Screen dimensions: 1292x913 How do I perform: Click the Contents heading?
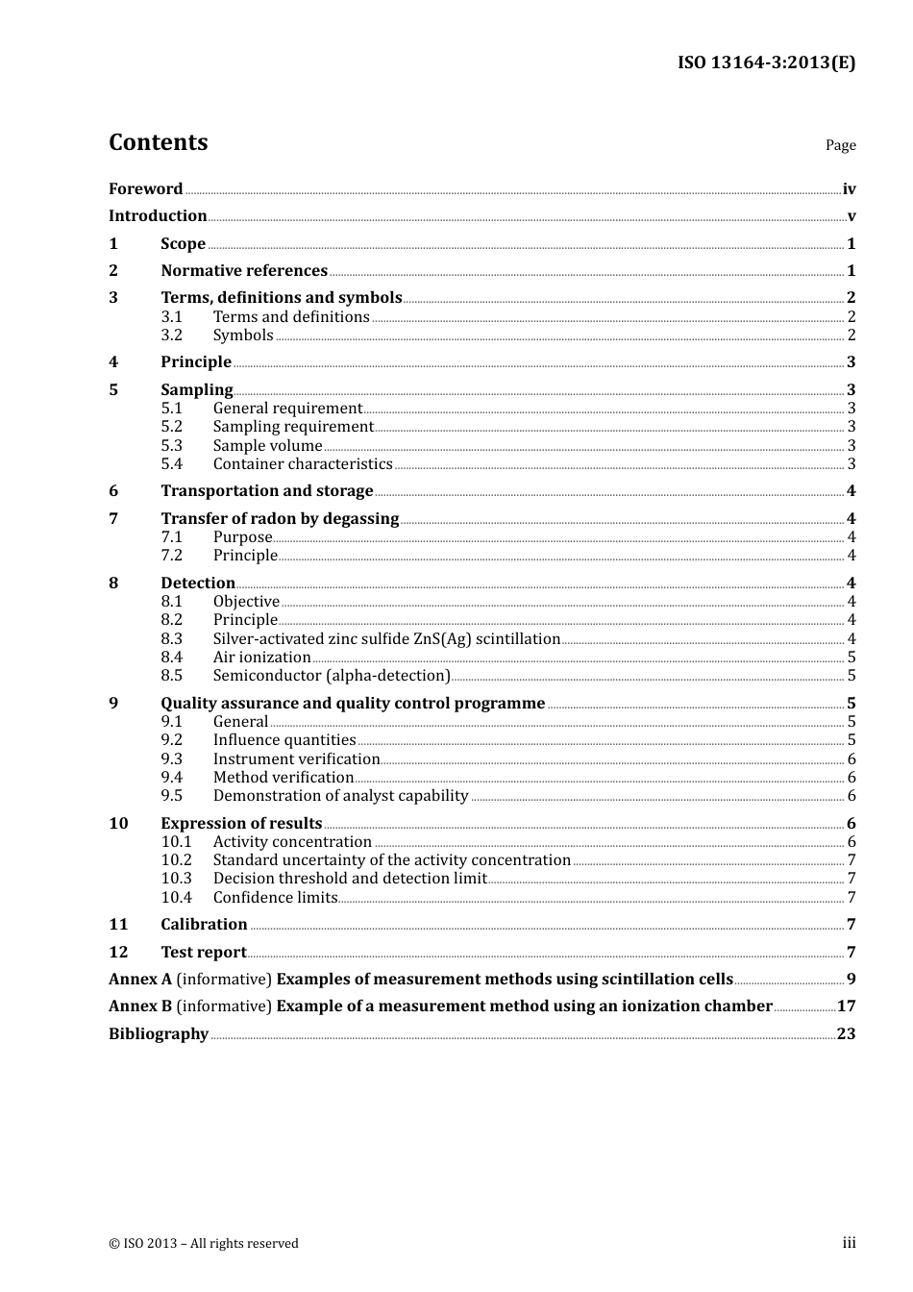(x=158, y=142)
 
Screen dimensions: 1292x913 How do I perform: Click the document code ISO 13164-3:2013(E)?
(x=766, y=62)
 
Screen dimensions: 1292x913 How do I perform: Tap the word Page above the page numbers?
(x=840, y=145)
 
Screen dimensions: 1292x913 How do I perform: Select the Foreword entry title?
(x=145, y=188)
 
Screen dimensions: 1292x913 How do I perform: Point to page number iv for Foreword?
(x=849, y=189)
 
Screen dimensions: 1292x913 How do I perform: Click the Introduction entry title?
(x=158, y=215)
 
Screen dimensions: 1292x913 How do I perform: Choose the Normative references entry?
(x=244, y=270)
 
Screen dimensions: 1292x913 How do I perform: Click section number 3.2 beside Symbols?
(x=171, y=335)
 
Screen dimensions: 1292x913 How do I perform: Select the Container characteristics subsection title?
(x=303, y=463)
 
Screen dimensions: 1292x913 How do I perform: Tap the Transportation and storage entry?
(x=266, y=490)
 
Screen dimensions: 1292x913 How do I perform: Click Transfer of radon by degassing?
(x=280, y=518)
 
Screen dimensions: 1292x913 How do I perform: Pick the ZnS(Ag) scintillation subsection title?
(x=386, y=638)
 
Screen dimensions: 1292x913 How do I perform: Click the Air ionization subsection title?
(x=261, y=657)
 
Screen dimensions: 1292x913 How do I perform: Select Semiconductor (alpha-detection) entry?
(x=332, y=675)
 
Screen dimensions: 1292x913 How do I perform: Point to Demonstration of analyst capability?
(x=340, y=795)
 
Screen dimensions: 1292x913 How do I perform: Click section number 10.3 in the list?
(x=176, y=878)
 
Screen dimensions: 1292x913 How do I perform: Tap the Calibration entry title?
(x=204, y=924)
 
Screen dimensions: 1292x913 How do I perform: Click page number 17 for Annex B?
(x=846, y=1006)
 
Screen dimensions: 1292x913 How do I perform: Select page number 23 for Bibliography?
(x=846, y=1033)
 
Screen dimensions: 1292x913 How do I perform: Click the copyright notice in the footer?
(x=204, y=1243)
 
